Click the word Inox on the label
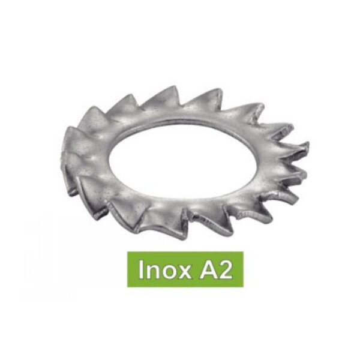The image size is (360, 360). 164,269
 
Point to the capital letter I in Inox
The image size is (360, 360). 140,269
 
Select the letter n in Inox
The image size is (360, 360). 151,271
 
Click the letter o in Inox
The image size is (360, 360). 167,272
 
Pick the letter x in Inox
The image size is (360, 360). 184,272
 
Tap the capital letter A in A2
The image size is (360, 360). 208,269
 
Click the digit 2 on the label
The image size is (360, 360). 225,269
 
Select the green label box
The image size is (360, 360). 185,269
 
